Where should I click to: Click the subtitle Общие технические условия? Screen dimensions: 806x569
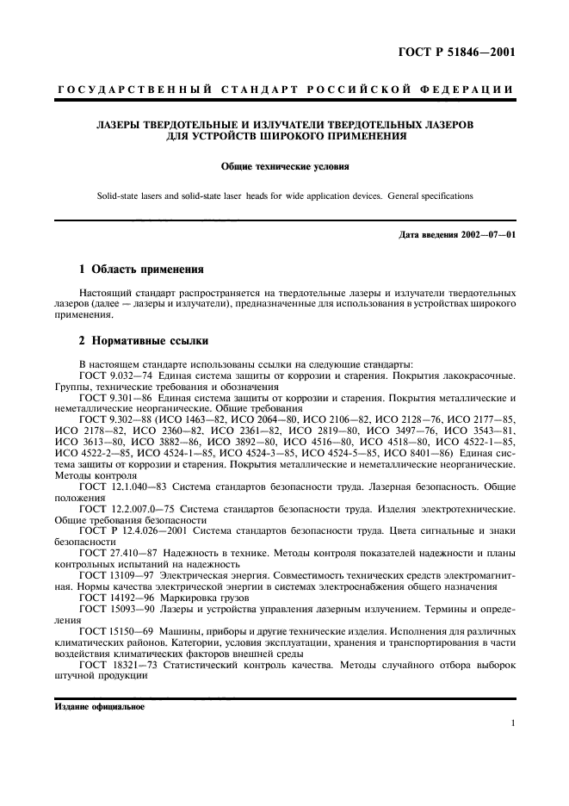tap(284, 167)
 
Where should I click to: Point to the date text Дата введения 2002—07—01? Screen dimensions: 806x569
tap(458, 235)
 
